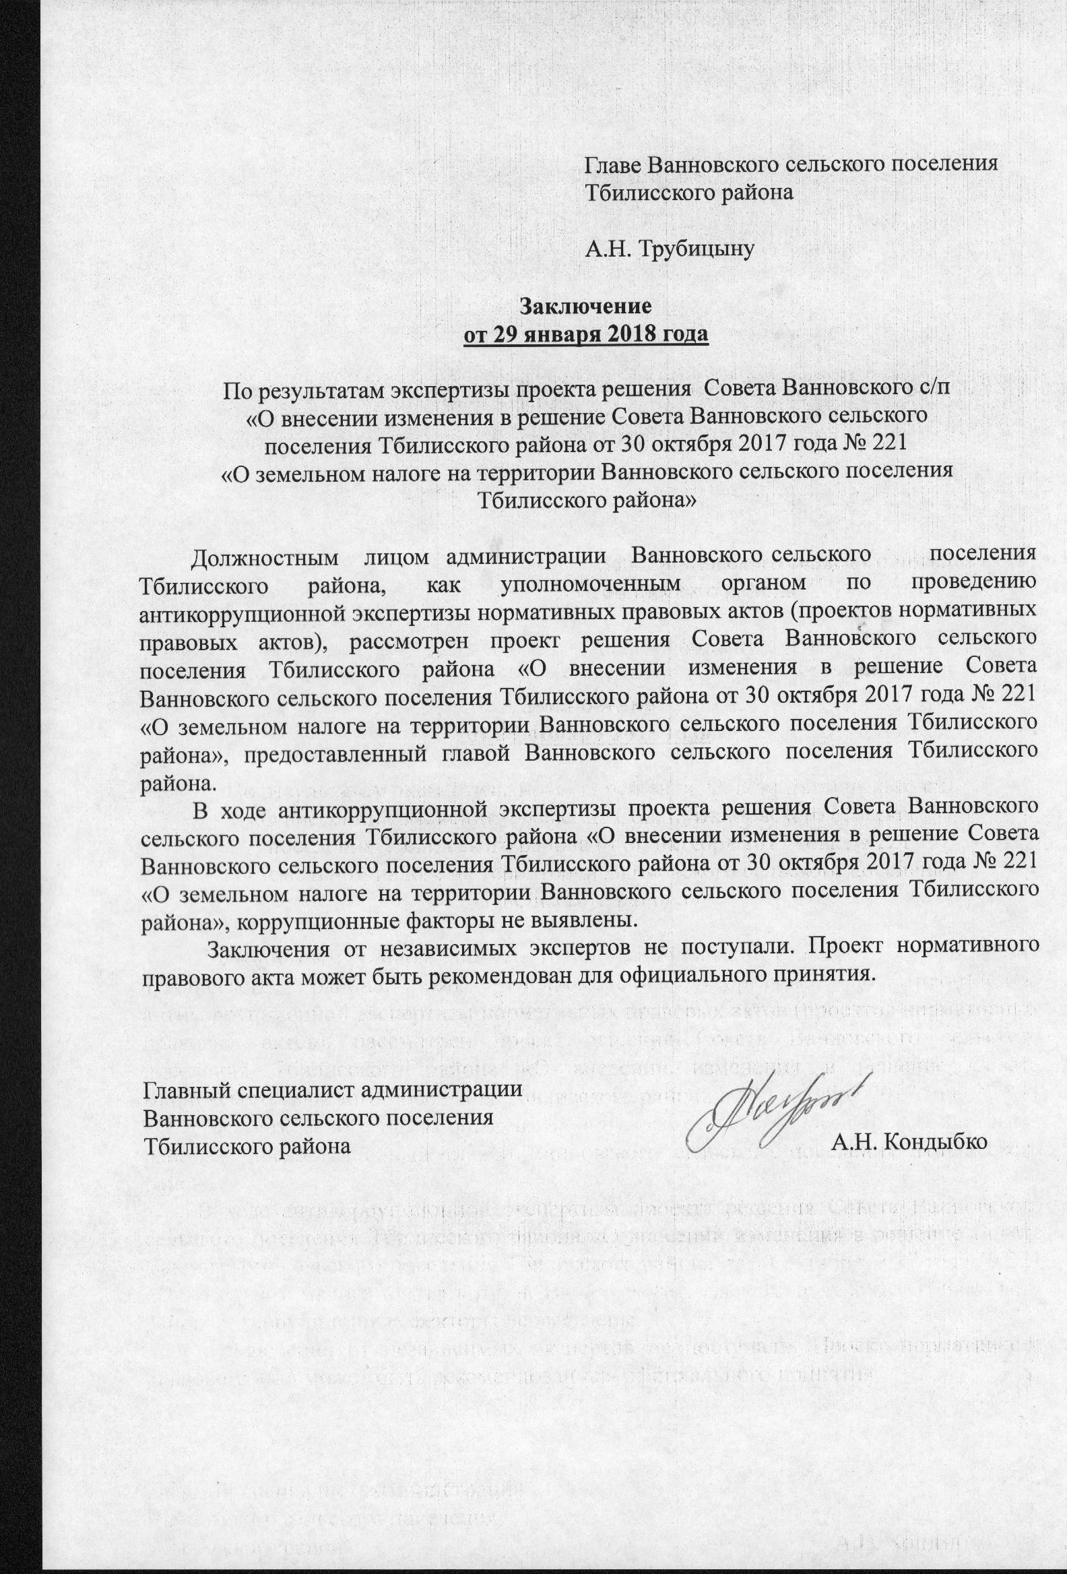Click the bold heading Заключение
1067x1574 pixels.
(x=585, y=306)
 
